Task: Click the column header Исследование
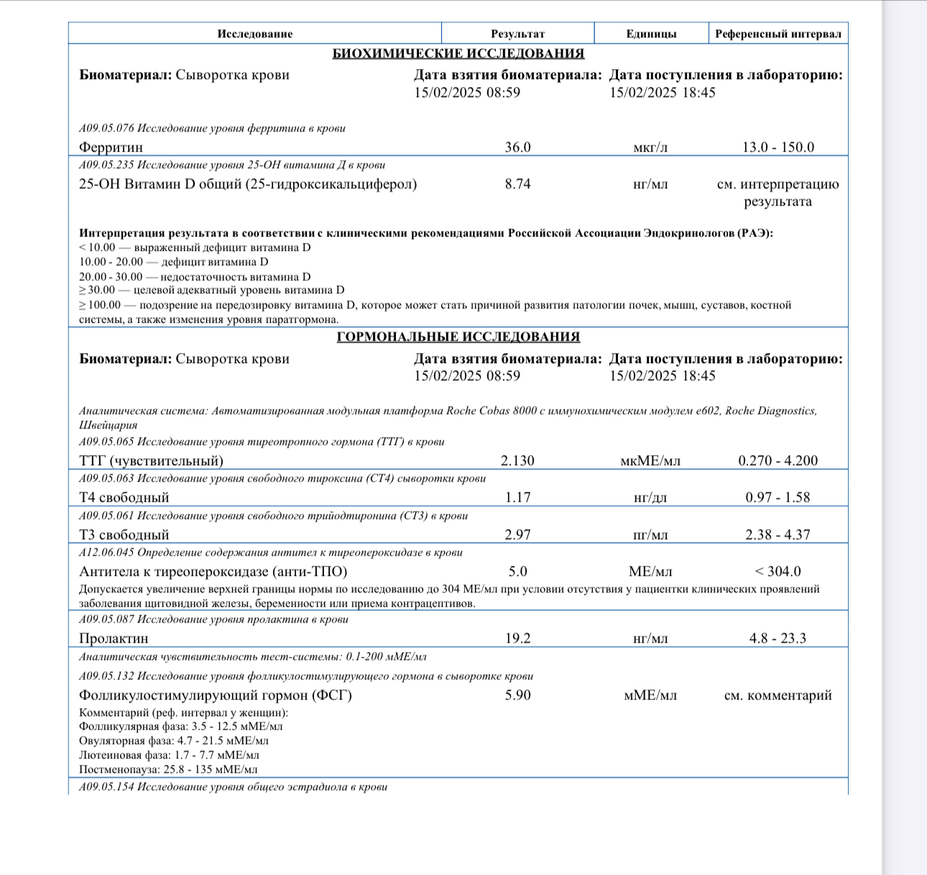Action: tap(254, 34)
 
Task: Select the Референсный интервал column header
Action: tap(778, 34)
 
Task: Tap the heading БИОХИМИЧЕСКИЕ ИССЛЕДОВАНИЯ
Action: tap(458, 54)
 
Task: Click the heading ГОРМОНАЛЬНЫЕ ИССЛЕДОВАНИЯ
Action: tap(458, 337)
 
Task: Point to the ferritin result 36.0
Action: tap(517, 147)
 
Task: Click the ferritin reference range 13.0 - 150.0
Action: tap(778, 147)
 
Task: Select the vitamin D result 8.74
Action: tap(517, 184)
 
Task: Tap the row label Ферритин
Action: tap(111, 147)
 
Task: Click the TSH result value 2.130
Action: tap(517, 461)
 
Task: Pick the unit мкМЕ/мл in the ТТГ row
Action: tap(650, 461)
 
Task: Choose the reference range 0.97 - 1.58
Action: tap(778, 498)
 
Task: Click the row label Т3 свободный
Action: tap(124, 535)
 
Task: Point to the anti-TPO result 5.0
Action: tap(517, 572)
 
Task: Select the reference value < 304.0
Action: tap(778, 572)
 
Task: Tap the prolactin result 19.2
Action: tap(517, 638)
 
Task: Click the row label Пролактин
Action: tap(114, 638)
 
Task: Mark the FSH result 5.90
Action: tap(517, 695)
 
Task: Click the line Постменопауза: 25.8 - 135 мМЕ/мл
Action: tap(167, 769)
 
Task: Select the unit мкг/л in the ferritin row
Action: tap(650, 147)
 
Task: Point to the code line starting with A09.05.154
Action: tap(233, 787)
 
